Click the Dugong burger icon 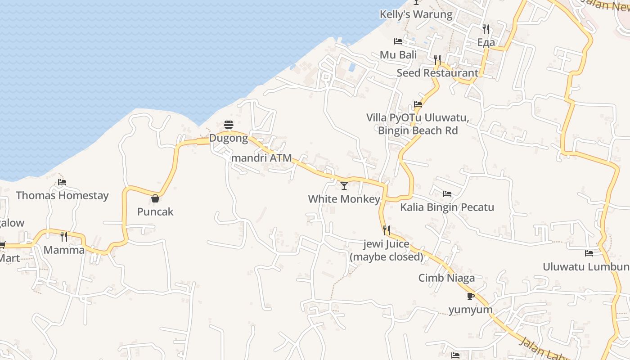pyautogui.click(x=229, y=125)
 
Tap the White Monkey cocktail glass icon pyautogui.click(x=344, y=185)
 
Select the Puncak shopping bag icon pyautogui.click(x=155, y=198)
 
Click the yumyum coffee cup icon pyautogui.click(x=470, y=296)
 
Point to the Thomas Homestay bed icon pyautogui.click(x=62, y=182)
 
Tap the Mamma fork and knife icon pyautogui.click(x=64, y=236)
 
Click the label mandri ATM pyautogui.click(x=261, y=158)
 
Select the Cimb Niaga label pyautogui.click(x=446, y=278)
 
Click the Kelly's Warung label pyautogui.click(x=416, y=14)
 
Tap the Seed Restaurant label pyautogui.click(x=437, y=73)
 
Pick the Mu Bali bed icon pyautogui.click(x=398, y=41)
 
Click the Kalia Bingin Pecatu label pyautogui.click(x=447, y=207)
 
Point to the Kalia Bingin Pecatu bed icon pyautogui.click(x=447, y=194)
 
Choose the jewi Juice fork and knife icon pyautogui.click(x=386, y=230)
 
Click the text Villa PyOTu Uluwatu pyautogui.click(x=418, y=118)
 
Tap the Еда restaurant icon pyautogui.click(x=486, y=29)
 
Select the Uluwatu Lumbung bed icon pyautogui.click(x=589, y=253)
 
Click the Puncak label pyautogui.click(x=155, y=212)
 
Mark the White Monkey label pyautogui.click(x=344, y=199)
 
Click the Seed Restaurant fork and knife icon pyautogui.click(x=437, y=59)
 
